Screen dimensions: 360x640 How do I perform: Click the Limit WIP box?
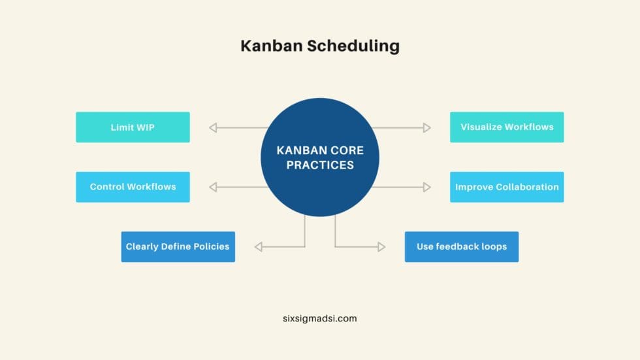click(x=133, y=127)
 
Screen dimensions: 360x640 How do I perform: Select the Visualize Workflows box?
click(x=507, y=127)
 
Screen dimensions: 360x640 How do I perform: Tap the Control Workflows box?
click(x=133, y=187)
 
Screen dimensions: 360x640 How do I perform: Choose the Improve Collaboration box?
click(x=507, y=187)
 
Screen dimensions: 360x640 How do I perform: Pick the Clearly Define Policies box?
click(x=178, y=247)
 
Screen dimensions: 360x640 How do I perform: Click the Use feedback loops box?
click(x=462, y=247)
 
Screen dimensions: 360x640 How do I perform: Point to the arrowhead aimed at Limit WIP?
click(x=213, y=127)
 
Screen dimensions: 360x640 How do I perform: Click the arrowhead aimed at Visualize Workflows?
click(x=427, y=127)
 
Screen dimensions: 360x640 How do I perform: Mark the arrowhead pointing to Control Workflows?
click(x=213, y=187)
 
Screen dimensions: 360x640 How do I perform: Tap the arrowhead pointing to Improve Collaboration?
click(x=427, y=187)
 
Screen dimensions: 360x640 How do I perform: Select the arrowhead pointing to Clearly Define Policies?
click(x=258, y=247)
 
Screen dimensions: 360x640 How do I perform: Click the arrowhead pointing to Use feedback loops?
click(x=381, y=247)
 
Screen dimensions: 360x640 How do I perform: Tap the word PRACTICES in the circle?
click(x=320, y=165)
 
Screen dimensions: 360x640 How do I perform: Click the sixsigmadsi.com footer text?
click(x=320, y=319)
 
